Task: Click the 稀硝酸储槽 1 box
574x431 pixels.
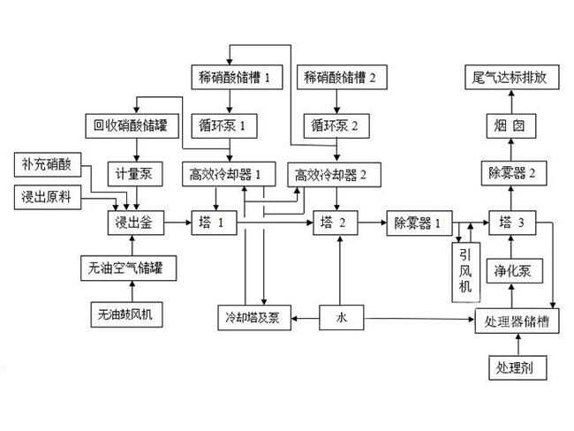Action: tap(237, 77)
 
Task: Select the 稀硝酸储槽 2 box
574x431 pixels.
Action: tap(342, 77)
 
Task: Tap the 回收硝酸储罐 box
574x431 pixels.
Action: tap(132, 126)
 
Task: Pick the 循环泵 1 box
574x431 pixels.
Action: tap(224, 126)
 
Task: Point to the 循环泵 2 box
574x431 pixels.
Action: tap(336, 126)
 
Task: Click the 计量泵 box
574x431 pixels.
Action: tap(135, 174)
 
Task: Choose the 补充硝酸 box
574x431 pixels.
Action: tap(48, 164)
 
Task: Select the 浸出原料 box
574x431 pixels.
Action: tap(48, 197)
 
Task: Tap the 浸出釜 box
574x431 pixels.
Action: tap(135, 223)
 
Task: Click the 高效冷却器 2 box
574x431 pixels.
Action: tap(334, 175)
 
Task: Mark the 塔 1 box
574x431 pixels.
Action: tap(215, 223)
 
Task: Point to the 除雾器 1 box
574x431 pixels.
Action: tap(419, 223)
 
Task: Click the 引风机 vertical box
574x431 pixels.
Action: tap(466, 272)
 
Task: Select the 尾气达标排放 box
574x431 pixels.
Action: tap(512, 77)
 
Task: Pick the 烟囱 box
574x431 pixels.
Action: tap(511, 126)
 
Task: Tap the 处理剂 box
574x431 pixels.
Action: tap(517, 367)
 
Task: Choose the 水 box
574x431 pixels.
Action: tap(342, 317)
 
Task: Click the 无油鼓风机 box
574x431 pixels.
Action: tap(126, 314)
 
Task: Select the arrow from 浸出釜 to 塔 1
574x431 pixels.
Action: tap(177, 223)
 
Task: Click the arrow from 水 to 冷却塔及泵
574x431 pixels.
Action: tap(305, 318)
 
